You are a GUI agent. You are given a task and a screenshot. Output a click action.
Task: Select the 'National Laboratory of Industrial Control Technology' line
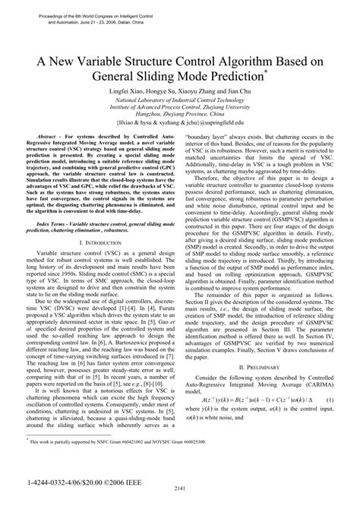[x=181, y=100]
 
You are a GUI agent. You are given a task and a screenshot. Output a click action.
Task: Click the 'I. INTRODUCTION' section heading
[x=102, y=242]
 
